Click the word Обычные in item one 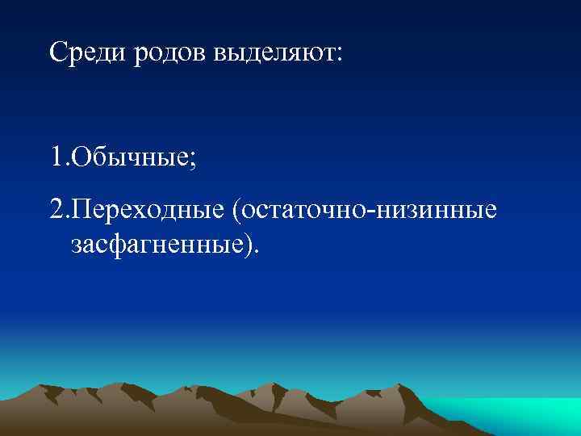pos(129,155)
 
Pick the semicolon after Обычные pos(191,157)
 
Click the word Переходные pos(147,211)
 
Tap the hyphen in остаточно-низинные pos(369,212)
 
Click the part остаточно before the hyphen pos(303,211)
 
